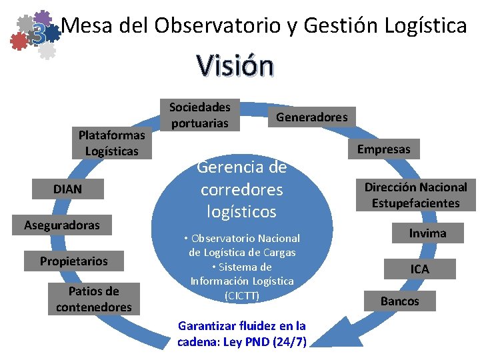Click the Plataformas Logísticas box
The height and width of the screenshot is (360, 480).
pos(112,143)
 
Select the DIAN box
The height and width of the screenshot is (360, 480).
pos(67,189)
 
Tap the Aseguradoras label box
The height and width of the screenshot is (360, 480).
pos(62,225)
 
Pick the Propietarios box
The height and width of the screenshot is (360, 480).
pos(73,261)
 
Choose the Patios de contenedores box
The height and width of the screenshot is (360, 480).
pos(94,299)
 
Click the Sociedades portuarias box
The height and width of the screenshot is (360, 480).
pos(199,115)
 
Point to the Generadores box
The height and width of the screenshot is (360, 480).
pos(311,117)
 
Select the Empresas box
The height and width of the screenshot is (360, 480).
pos(383,149)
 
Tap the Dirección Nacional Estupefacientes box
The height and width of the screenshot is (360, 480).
pos(416,195)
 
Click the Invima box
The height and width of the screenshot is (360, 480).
pos(427,233)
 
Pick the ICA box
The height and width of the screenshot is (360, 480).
pos(419,269)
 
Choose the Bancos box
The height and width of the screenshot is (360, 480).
pos(400,301)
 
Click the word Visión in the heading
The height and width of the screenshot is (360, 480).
pos(235,66)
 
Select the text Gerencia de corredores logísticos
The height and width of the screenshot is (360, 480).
pos(241,189)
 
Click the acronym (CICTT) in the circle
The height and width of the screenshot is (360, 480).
pos(241,295)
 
